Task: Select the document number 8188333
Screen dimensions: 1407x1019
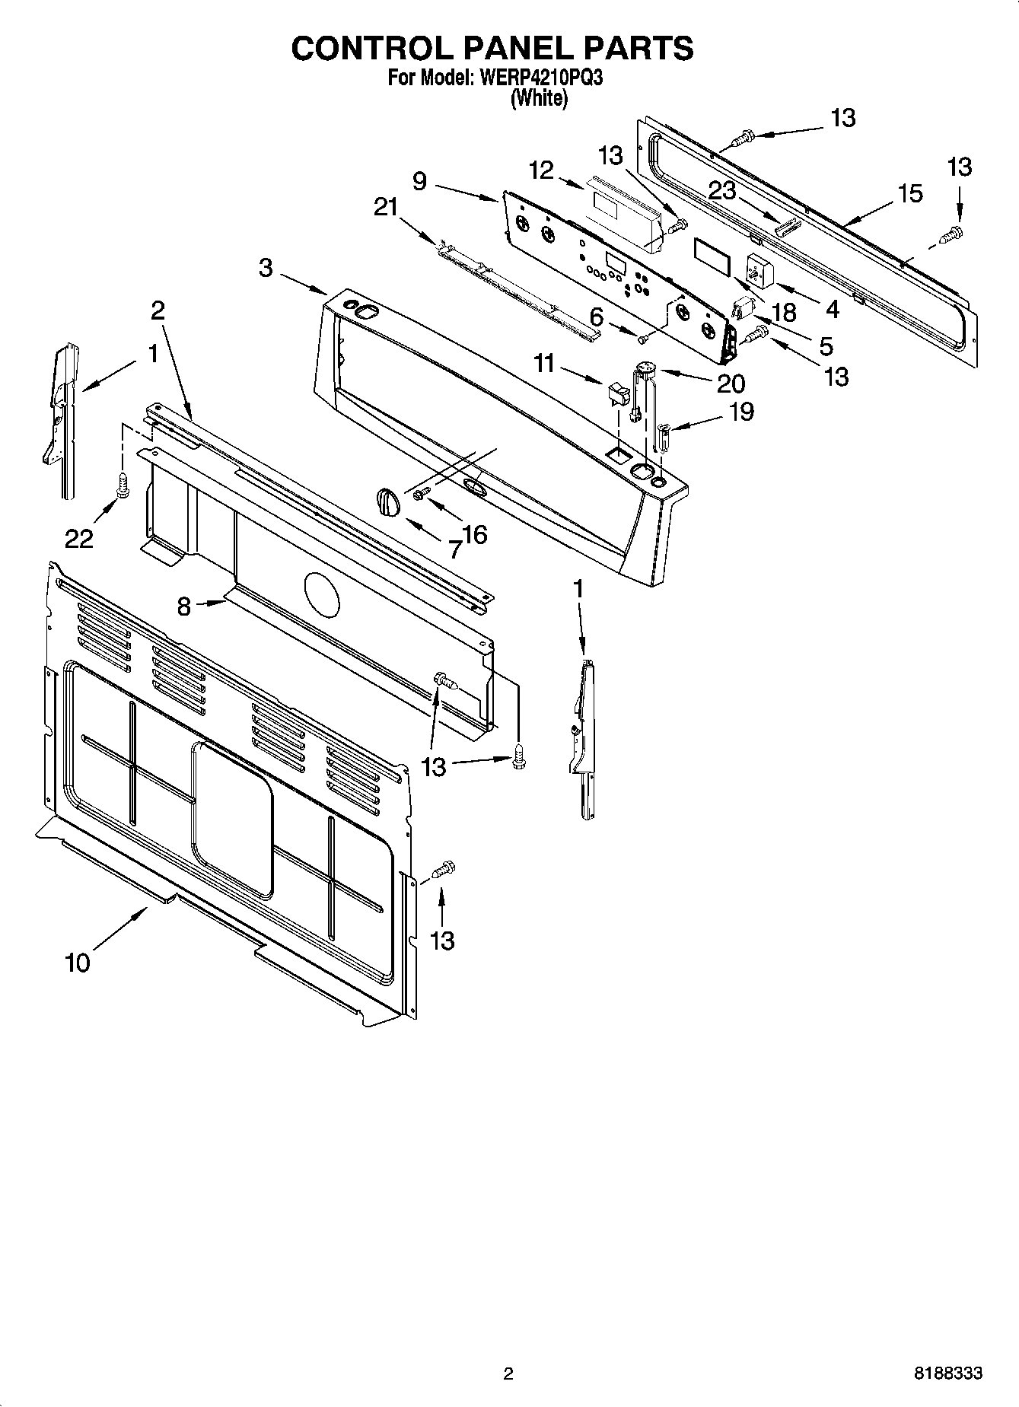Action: [x=947, y=1374]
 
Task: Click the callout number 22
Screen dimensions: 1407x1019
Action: [x=79, y=538]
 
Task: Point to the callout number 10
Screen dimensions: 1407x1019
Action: [x=78, y=962]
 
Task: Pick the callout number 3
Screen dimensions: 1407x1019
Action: [x=265, y=268]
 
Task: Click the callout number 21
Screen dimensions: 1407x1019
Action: [x=386, y=206]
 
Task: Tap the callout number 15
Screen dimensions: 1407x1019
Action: [x=910, y=193]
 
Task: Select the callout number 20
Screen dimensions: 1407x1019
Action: [x=731, y=383]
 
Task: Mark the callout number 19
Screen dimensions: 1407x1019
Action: [x=741, y=412]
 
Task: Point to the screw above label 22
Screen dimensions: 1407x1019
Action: [x=122, y=485]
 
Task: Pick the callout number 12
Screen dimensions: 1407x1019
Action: [x=541, y=170]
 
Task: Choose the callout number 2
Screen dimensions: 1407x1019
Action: [x=158, y=310]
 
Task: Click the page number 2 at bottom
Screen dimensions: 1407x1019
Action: [x=508, y=1374]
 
